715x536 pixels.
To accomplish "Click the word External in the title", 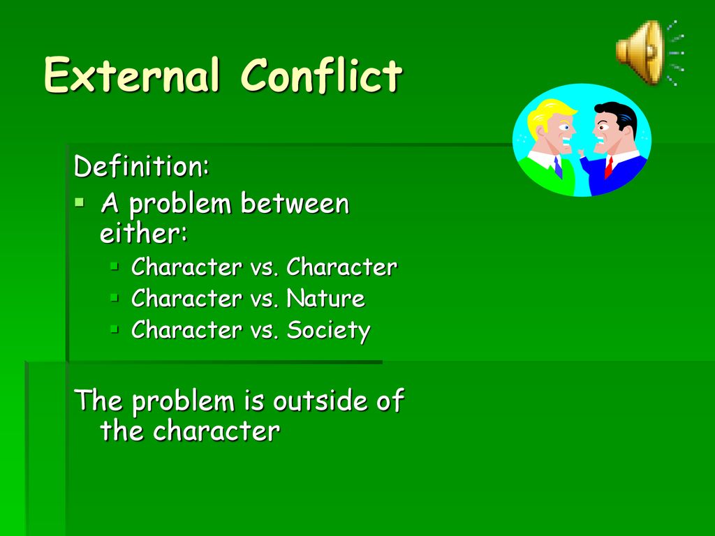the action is [132, 75].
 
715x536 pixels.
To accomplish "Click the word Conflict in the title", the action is [321, 75].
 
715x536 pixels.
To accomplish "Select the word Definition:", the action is [142, 165].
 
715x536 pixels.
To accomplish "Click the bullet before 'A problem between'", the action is [80, 202].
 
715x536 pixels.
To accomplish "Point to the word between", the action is [295, 203].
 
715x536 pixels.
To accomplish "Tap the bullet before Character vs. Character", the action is [115, 266].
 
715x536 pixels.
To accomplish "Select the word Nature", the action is [325, 299].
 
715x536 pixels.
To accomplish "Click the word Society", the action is [328, 331].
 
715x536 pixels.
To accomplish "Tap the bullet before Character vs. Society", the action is [115, 329].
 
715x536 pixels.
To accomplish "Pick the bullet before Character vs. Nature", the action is [115, 298].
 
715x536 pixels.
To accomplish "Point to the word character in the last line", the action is [216, 431].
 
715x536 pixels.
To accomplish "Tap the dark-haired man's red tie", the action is [608, 167].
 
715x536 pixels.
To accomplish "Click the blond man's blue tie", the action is [558, 167].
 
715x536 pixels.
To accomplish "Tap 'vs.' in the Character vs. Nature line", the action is [264, 299].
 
